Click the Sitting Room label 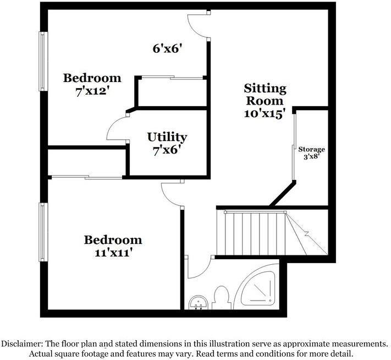(265, 94)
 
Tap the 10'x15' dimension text (265, 114)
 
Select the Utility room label (167, 137)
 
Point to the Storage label (312, 149)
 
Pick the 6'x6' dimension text (167, 48)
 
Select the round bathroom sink (197, 302)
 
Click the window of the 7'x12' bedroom (42, 61)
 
